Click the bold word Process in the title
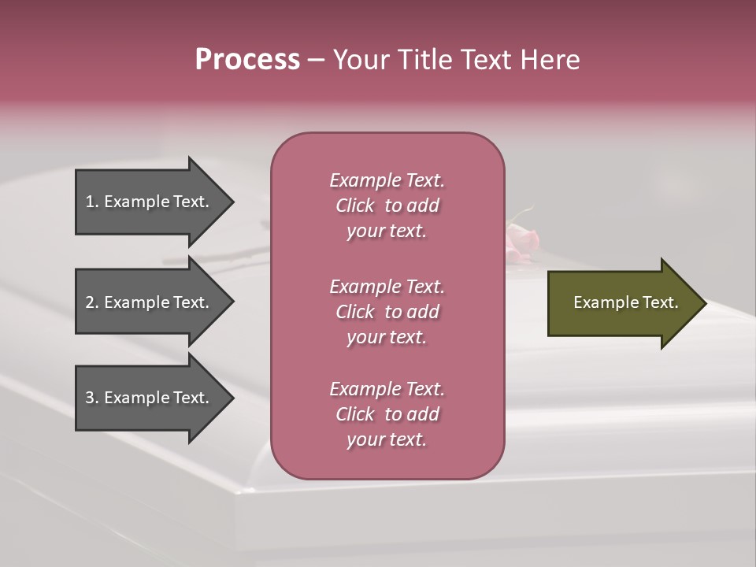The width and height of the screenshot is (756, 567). point(247,60)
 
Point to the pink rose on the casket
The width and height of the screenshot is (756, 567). point(522,239)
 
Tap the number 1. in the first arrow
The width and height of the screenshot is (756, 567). point(92,202)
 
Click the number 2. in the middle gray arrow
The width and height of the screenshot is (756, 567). point(92,302)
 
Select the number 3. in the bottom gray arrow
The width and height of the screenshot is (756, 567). point(92,398)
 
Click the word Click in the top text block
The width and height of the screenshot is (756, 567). point(355,206)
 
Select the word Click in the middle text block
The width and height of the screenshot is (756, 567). point(355,312)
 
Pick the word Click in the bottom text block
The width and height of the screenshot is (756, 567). point(355,414)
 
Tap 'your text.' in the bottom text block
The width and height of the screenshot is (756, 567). point(387,439)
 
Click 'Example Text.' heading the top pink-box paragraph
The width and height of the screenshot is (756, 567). point(387,180)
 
